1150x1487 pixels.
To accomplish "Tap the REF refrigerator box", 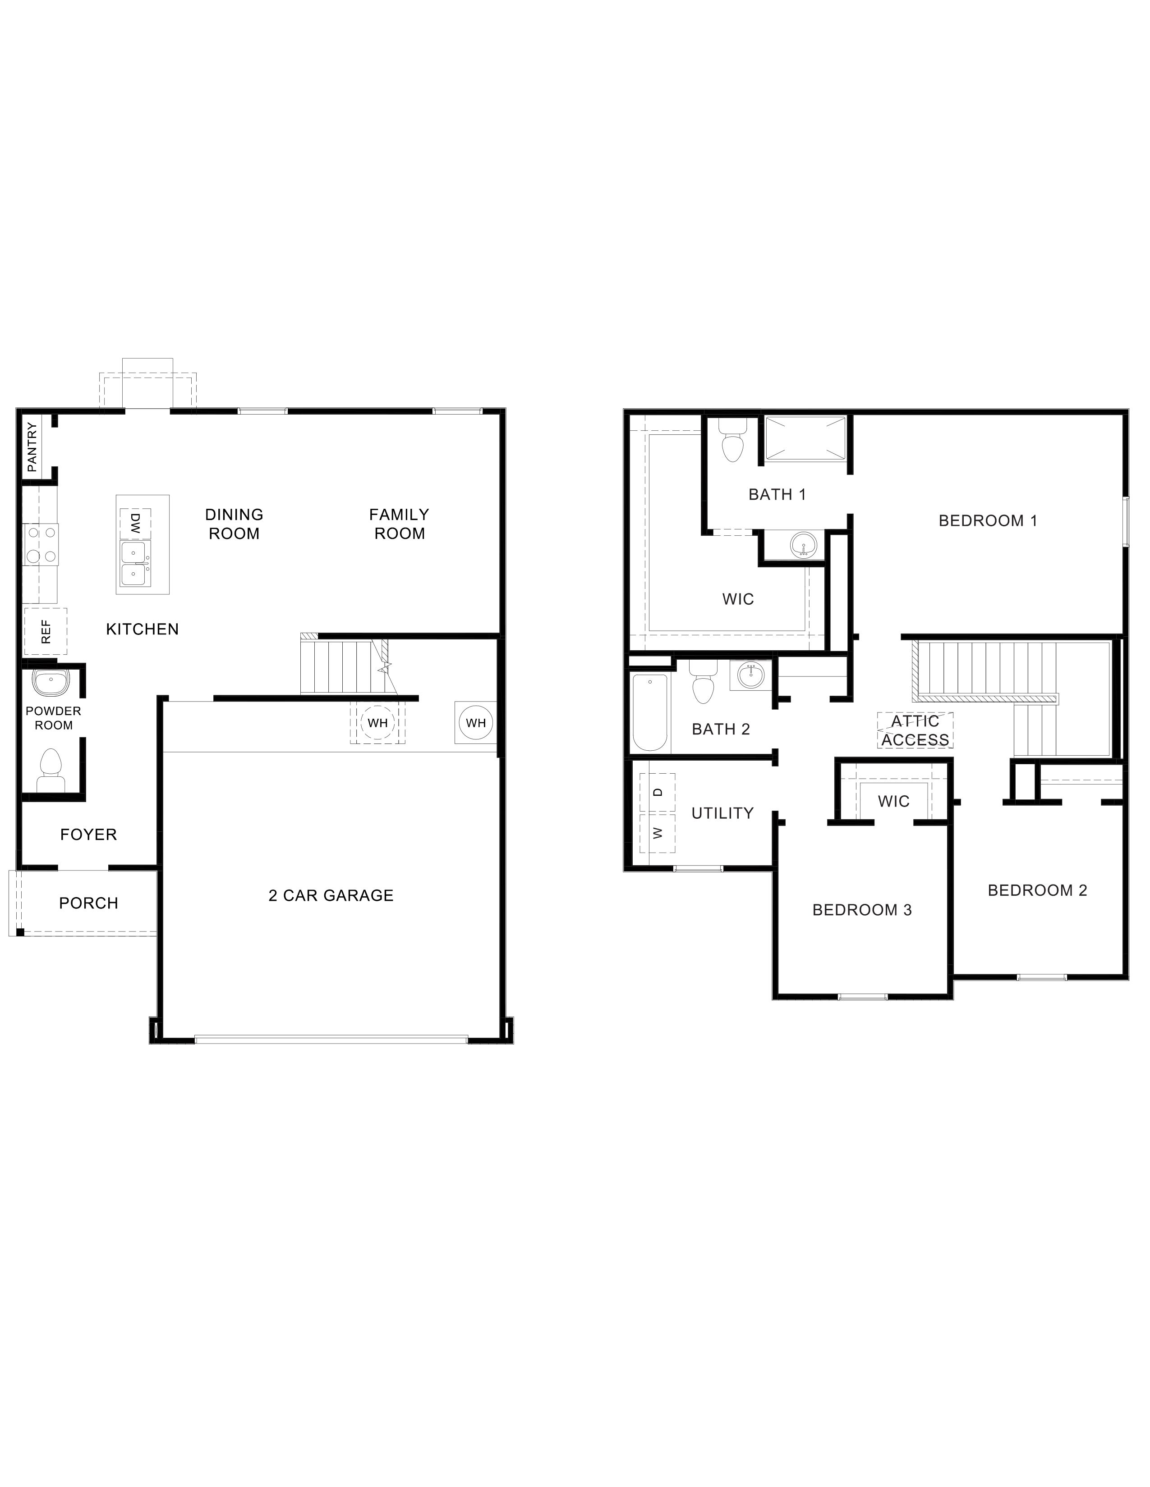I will pos(46,631).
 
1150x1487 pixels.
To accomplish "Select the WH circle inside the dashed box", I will pos(377,722).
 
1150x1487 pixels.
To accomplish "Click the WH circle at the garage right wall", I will pos(475,722).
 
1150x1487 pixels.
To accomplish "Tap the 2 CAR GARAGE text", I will pos(331,895).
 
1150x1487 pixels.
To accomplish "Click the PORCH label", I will pos(88,903).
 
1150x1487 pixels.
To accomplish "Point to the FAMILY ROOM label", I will pos(399,524).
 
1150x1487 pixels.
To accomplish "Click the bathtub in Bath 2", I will pos(649,712).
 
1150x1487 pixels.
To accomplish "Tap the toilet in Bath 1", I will pos(732,442).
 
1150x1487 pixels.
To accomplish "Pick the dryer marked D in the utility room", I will pos(658,792).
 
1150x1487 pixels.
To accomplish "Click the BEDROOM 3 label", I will pos(862,910).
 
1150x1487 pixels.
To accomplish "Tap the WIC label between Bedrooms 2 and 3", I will pos(893,801).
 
